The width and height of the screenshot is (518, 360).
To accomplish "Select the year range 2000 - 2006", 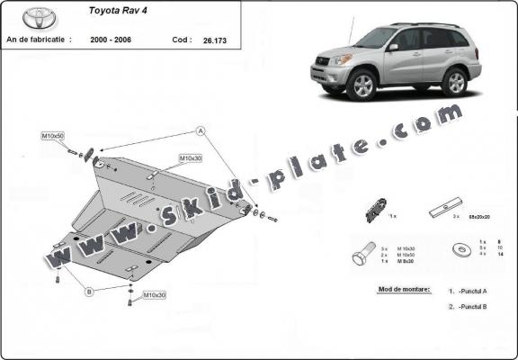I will point(112,40).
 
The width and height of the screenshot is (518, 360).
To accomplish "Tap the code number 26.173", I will point(216,40).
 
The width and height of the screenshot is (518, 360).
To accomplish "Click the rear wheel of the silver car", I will point(454,81).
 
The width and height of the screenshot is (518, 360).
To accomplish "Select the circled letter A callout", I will point(201,131).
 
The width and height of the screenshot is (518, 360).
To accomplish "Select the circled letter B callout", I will point(89,291).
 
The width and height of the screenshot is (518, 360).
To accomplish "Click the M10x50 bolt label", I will point(53,135).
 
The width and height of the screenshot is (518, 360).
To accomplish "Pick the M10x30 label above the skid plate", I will point(190,158).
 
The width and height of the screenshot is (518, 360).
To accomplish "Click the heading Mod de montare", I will point(399,290).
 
